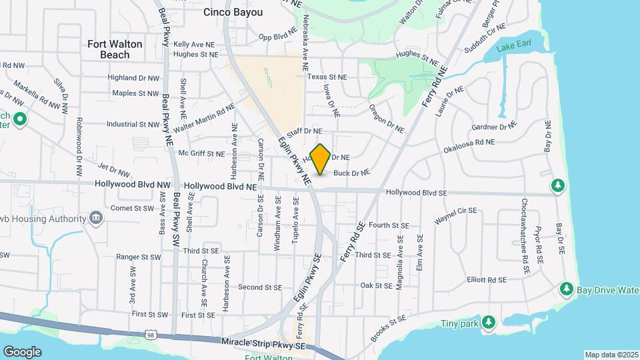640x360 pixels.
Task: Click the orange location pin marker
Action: coord(320,159)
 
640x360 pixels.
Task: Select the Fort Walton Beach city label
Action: coord(115,49)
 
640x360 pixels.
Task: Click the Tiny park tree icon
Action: coord(489,323)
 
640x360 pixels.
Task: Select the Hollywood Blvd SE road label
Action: coord(415,193)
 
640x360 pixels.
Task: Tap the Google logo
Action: coord(22,352)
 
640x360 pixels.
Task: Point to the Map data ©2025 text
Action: coord(611,355)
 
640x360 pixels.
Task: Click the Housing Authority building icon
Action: coord(95,217)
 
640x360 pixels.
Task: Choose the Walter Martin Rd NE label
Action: coord(203,118)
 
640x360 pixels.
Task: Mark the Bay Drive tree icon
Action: coord(566,289)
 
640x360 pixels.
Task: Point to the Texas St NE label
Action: coord(327,77)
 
